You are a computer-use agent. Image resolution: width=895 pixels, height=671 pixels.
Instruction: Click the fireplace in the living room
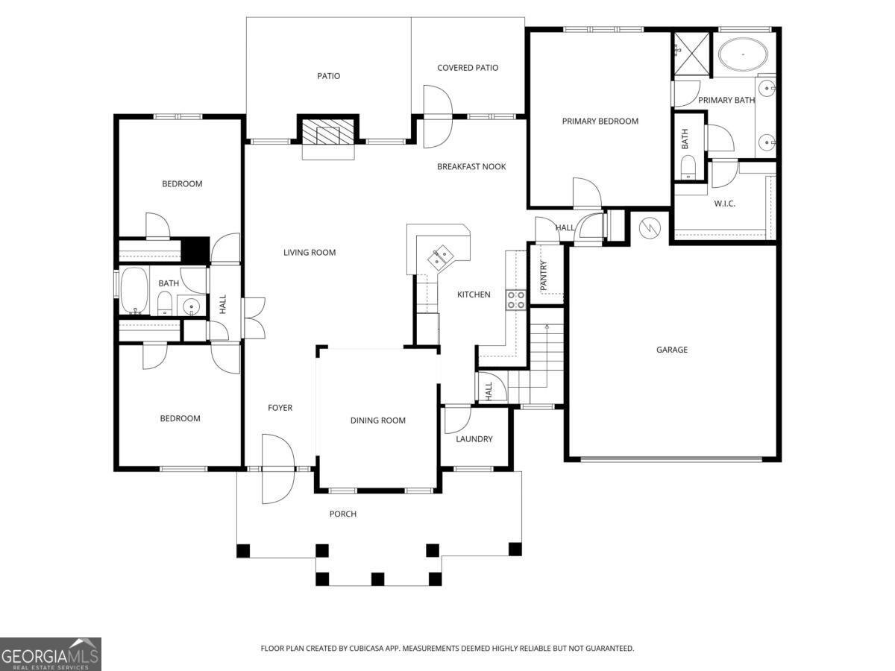[x=328, y=134]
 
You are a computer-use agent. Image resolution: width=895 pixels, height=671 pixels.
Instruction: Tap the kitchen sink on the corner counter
[x=439, y=256]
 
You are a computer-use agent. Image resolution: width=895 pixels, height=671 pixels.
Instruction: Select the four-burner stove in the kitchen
[x=516, y=300]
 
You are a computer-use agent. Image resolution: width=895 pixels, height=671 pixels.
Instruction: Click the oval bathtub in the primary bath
[x=744, y=55]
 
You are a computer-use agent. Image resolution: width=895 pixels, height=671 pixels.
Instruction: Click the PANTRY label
[x=544, y=275]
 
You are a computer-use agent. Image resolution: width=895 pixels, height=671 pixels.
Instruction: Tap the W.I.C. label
[x=724, y=204]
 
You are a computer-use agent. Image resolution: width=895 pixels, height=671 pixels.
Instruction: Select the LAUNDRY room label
[x=474, y=439]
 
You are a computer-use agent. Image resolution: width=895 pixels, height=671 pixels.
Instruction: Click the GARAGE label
[x=671, y=350]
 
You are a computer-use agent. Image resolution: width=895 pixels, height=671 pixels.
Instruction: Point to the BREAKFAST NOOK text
[x=471, y=166]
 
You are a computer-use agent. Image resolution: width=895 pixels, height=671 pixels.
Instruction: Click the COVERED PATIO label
[x=468, y=68]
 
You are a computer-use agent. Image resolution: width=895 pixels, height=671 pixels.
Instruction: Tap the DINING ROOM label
[x=378, y=420]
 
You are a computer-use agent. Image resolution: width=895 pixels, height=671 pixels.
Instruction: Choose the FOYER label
[x=280, y=408]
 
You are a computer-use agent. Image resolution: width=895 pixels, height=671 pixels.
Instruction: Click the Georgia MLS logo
[x=51, y=654]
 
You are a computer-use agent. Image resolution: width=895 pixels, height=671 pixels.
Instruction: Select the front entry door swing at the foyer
[x=277, y=468]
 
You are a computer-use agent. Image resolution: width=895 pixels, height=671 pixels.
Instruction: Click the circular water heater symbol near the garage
[x=650, y=225]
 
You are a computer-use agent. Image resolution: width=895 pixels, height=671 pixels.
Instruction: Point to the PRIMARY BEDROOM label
[x=600, y=121]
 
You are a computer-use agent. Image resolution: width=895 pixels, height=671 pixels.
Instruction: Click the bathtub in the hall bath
[x=134, y=291]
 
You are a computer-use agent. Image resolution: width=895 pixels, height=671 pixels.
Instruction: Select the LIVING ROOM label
[x=310, y=253]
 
